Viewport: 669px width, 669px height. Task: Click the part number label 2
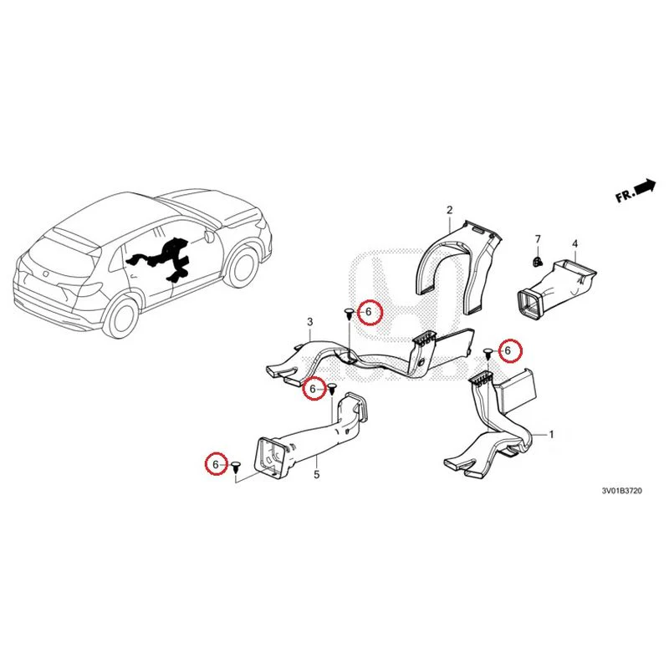point(450,210)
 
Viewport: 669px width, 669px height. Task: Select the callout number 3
point(310,322)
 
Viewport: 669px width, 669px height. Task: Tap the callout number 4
point(575,243)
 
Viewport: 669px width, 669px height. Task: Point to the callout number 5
point(317,474)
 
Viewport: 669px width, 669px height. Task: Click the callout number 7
point(538,239)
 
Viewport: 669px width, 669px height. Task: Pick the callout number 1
point(551,435)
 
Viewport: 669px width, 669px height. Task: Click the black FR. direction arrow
point(645,186)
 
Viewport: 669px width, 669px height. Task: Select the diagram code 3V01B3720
point(621,491)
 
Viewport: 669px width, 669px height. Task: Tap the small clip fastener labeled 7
point(538,261)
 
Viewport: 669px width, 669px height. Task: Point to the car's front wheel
point(242,268)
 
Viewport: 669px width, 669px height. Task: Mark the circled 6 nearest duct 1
point(511,350)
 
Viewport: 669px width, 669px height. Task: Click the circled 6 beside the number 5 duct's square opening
point(217,464)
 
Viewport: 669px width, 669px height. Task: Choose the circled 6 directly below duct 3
point(314,389)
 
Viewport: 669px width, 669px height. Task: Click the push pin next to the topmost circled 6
point(349,315)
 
